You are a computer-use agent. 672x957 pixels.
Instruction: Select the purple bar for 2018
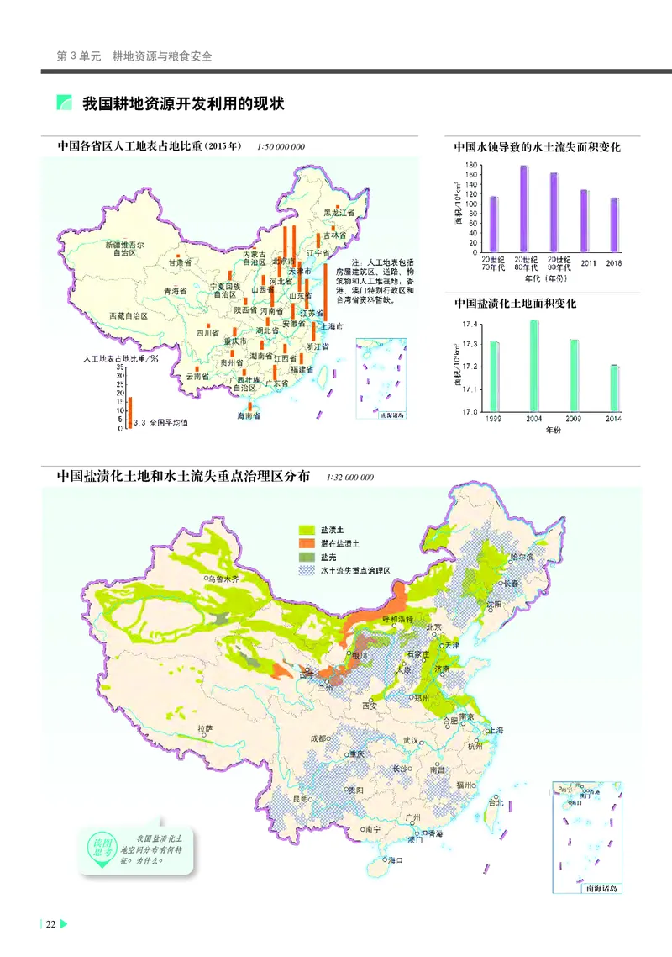click(614, 225)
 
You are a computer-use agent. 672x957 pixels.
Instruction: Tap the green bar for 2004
click(534, 366)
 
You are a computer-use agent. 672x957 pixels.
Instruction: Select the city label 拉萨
click(205, 727)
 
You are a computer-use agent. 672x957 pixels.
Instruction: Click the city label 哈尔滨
click(522, 558)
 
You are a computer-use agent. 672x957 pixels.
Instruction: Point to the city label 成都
click(318, 738)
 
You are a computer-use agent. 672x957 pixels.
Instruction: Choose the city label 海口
click(396, 860)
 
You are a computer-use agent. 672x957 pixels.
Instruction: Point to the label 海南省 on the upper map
click(249, 416)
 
